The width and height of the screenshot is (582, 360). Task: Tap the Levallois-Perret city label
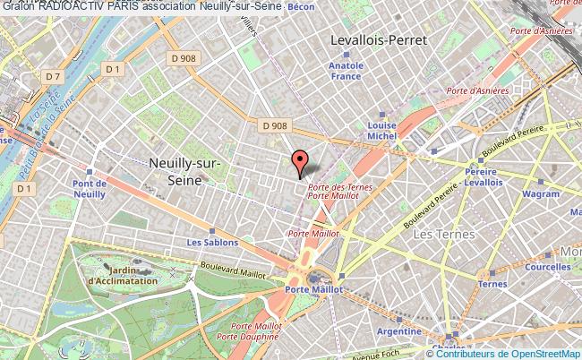pyautogui.click(x=378, y=40)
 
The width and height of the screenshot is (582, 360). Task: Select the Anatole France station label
pyautogui.click(x=345, y=71)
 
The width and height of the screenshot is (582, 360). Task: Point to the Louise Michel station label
pyautogui.click(x=382, y=132)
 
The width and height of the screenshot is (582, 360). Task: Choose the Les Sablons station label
pyautogui.click(x=212, y=242)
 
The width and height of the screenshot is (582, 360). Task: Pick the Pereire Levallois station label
pyautogui.click(x=482, y=176)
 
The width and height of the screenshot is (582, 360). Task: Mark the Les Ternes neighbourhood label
pyautogui.click(x=438, y=234)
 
